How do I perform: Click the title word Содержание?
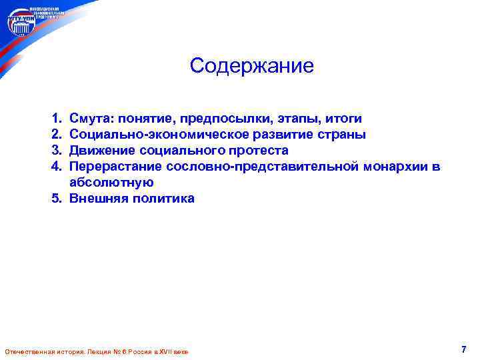tap(251, 66)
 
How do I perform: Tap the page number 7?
tap(463, 349)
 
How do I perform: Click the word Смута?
tap(91, 119)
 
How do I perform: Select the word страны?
tap(341, 135)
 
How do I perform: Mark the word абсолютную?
tap(111, 183)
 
